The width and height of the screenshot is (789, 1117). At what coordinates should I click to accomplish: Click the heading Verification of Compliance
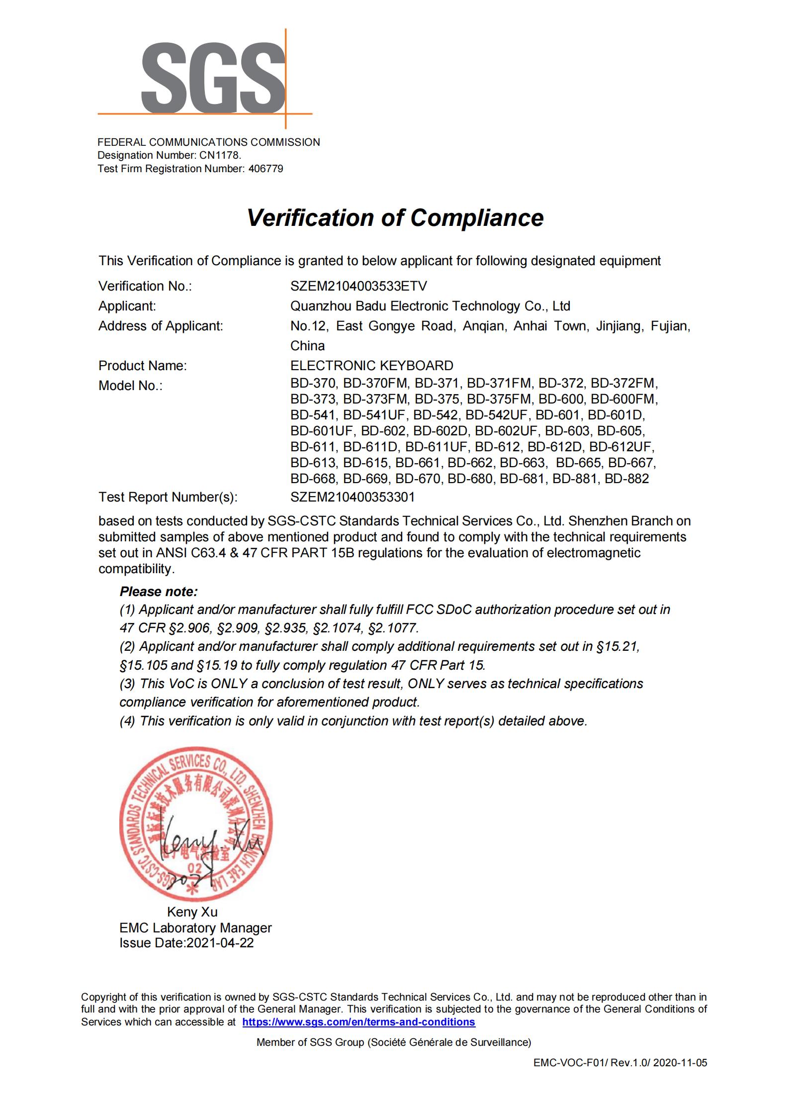click(395, 218)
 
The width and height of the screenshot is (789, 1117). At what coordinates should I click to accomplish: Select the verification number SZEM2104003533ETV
click(358, 286)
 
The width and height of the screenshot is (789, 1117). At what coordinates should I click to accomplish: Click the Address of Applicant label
click(161, 326)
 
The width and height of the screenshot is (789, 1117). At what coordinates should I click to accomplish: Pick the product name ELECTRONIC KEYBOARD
click(371, 366)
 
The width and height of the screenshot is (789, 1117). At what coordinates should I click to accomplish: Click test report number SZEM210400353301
click(352, 497)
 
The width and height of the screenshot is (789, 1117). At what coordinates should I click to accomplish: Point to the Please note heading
click(159, 592)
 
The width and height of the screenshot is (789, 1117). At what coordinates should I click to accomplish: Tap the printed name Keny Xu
click(192, 912)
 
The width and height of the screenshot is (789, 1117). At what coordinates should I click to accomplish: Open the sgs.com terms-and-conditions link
click(358, 1022)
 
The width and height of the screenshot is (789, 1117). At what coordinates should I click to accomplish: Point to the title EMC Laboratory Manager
click(195, 927)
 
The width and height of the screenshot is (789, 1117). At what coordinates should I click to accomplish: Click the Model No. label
click(130, 386)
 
